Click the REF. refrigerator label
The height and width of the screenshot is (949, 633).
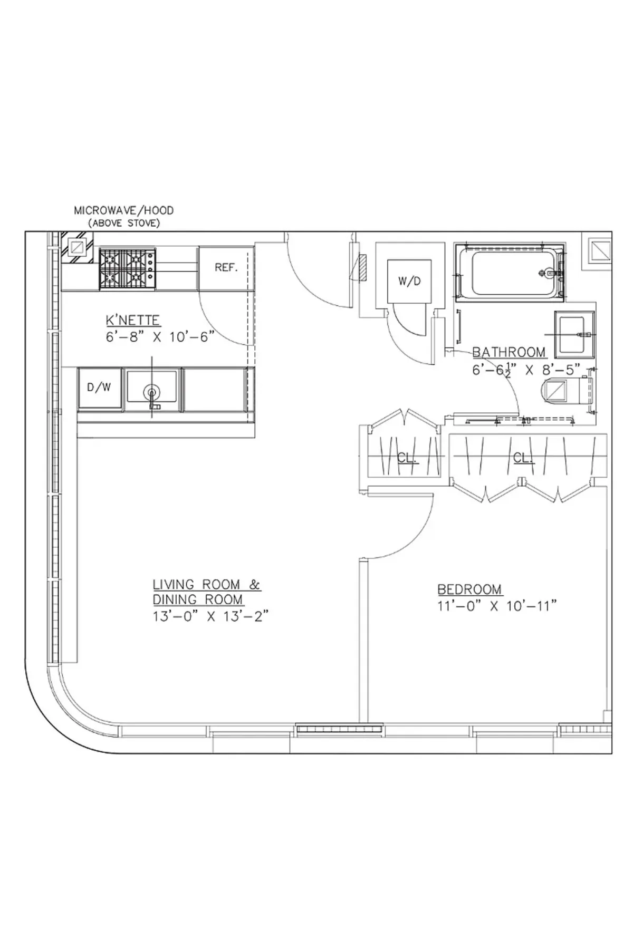pyautogui.click(x=226, y=268)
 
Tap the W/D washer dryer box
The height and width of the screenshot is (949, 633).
pyautogui.click(x=409, y=282)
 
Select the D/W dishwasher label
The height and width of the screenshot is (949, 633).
pyautogui.click(x=99, y=388)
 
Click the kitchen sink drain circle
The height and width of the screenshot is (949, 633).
pyautogui.click(x=152, y=392)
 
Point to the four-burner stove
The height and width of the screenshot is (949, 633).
pyautogui.click(x=127, y=268)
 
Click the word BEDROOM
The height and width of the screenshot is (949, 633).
pyautogui.click(x=469, y=589)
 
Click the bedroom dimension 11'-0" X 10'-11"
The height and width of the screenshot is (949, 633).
pyautogui.click(x=497, y=606)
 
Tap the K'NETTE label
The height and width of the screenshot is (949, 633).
pyautogui.click(x=133, y=320)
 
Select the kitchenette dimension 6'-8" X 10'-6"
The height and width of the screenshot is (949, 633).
pyautogui.click(x=160, y=337)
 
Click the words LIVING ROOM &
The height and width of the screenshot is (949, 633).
pyautogui.click(x=206, y=585)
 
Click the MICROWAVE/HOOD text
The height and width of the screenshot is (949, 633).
pyautogui.click(x=123, y=210)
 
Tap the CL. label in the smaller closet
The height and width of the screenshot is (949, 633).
pyautogui.click(x=407, y=458)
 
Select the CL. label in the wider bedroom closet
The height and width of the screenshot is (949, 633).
pyautogui.click(x=523, y=458)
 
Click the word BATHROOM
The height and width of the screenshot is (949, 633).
pyautogui.click(x=509, y=352)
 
